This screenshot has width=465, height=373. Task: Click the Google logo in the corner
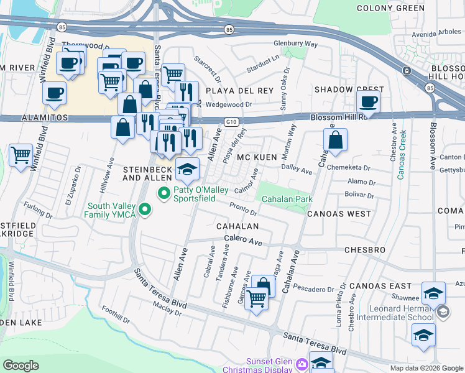pyautogui.click(x=21, y=366)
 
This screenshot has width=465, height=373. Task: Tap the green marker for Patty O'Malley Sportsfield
pyautogui.click(x=165, y=194)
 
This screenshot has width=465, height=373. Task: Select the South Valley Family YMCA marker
pyautogui.click(x=145, y=210)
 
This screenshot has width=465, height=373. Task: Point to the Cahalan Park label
pyautogui.click(x=286, y=199)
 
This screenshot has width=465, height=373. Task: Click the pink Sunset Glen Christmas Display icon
pyautogui.click(x=302, y=363)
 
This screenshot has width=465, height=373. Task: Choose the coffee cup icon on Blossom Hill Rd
pyautogui.click(x=368, y=101)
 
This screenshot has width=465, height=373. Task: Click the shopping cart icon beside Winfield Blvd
pyautogui.click(x=21, y=155)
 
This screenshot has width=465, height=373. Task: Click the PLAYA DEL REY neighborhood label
pyautogui.click(x=239, y=91)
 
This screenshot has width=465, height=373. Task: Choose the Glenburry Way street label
pyautogui.click(x=296, y=45)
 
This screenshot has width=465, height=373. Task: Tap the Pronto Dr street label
pyautogui.click(x=243, y=209)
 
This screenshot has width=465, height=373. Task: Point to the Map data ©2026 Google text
pyautogui.click(x=426, y=368)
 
